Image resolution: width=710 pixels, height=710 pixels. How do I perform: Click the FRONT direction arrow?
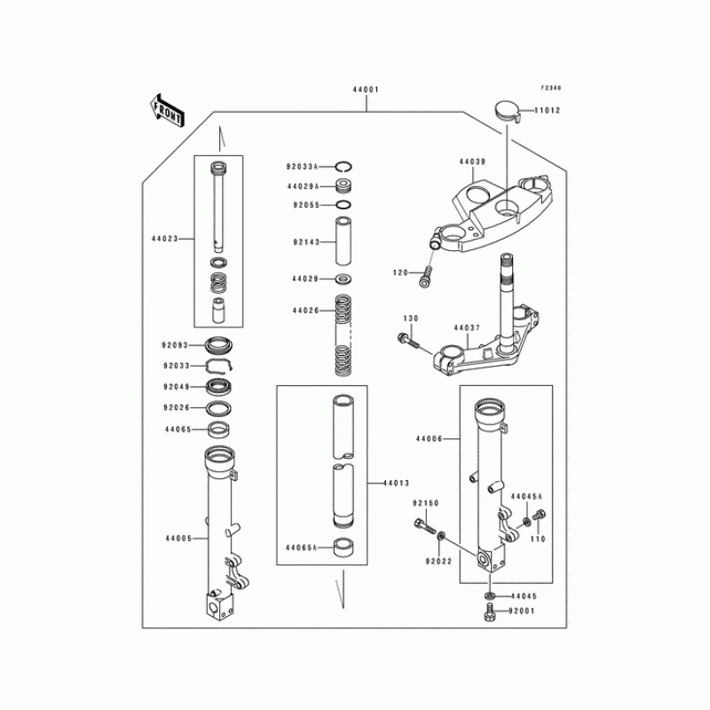point(167,112)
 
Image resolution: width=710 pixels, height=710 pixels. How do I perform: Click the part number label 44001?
point(366,90)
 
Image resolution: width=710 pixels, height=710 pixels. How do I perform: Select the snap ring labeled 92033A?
point(344,167)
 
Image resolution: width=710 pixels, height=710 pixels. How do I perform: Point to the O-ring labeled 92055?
point(343,205)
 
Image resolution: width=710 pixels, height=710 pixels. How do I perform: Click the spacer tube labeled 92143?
point(343,241)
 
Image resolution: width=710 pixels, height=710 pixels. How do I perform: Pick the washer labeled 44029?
point(343,279)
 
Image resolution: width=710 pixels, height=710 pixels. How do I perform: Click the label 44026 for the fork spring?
point(305,311)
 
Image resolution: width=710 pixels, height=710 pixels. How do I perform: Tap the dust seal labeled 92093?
point(219,345)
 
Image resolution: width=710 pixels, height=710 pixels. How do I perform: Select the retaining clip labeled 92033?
point(219,366)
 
